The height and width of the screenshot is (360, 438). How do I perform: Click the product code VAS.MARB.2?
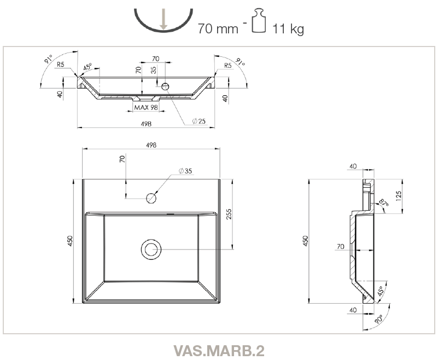(219, 351)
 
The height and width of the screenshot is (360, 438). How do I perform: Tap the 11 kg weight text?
(288, 29)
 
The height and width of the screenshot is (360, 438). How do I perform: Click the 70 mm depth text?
(218, 28)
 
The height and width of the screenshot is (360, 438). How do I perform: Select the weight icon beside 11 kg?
(259, 20)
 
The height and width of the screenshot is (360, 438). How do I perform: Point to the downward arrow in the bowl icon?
(163, 19)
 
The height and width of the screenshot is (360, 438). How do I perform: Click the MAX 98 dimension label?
(146, 107)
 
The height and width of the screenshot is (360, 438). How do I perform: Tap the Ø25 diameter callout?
(199, 121)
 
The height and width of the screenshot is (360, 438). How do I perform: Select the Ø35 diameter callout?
(185, 171)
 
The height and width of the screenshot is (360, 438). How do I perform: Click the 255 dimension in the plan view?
(229, 214)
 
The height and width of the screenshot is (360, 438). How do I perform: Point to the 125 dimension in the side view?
(398, 196)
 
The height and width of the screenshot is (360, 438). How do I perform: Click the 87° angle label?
(384, 202)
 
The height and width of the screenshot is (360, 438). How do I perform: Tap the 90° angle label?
(379, 319)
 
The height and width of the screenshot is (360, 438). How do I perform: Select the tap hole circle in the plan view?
(151, 198)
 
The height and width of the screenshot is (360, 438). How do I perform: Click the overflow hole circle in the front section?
(165, 86)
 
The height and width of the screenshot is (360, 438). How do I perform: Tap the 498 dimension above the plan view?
(151, 145)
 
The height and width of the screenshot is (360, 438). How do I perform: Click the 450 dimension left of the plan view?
(70, 241)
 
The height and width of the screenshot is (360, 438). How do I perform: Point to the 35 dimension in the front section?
(154, 70)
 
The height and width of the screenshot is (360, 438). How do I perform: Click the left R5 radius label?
(61, 65)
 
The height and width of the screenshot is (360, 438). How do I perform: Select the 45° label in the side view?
(380, 291)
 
